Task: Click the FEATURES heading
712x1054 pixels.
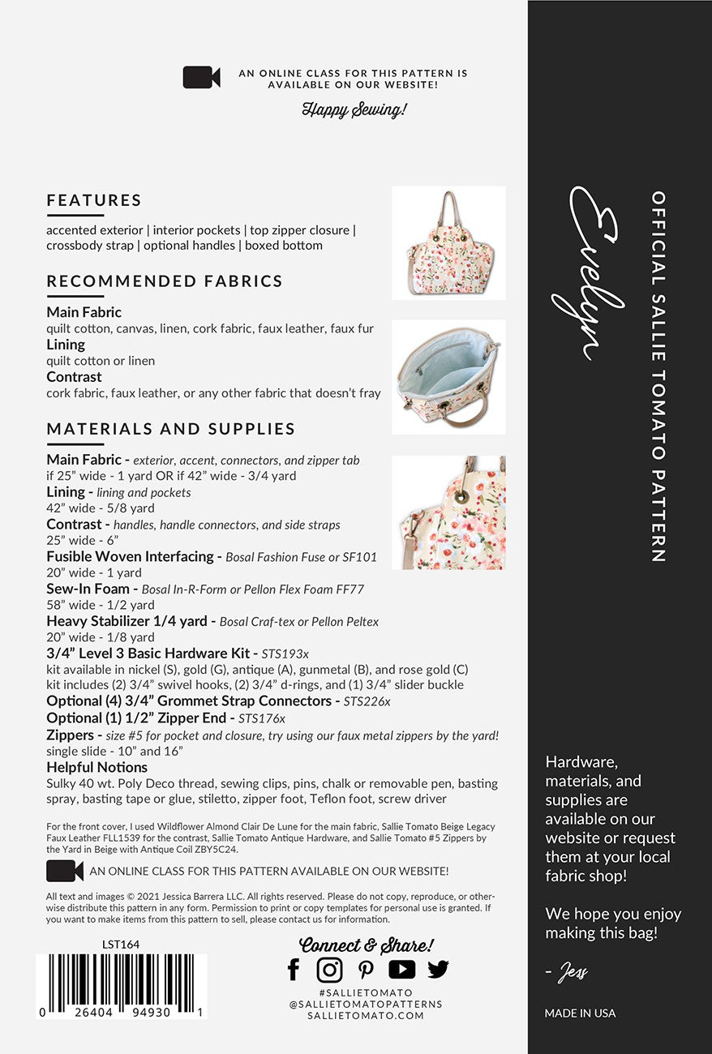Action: click(94, 200)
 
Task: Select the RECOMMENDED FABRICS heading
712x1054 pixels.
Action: click(165, 281)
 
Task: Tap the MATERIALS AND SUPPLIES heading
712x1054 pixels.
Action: click(171, 429)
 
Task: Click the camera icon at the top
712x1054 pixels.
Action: click(202, 77)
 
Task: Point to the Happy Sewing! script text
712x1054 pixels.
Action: click(354, 109)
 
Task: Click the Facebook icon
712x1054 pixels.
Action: click(294, 969)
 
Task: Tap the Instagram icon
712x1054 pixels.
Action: click(329, 969)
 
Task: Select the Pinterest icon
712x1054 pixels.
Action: click(366, 969)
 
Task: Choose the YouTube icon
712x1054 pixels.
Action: click(401, 969)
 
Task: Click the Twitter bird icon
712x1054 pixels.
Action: click(438, 969)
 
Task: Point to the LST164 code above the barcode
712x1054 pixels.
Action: click(121, 944)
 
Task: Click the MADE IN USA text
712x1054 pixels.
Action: click(580, 1013)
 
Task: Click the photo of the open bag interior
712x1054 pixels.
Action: click(448, 377)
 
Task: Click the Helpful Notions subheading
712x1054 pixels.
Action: click(97, 767)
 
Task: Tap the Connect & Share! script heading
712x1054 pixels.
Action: click(367, 945)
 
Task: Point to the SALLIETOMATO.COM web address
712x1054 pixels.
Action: click(366, 1015)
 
